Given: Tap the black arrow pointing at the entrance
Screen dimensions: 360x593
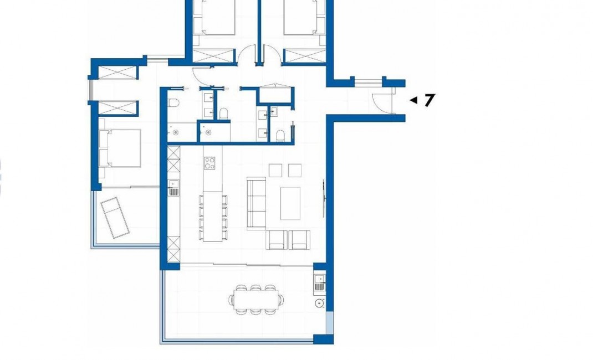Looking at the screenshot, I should click(x=413, y=100).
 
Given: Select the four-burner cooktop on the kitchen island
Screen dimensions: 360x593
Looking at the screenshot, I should click(x=211, y=163).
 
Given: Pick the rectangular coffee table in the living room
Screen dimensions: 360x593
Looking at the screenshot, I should click(x=290, y=203).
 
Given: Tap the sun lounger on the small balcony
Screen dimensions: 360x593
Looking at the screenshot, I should click(x=115, y=217).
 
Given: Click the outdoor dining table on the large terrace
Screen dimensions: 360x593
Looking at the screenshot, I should click(x=255, y=300).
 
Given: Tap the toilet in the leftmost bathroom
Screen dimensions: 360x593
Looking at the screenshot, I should click(x=172, y=104).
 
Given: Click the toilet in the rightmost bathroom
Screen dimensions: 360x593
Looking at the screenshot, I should click(x=280, y=135).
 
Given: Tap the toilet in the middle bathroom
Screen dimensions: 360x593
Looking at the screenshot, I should click(x=224, y=114).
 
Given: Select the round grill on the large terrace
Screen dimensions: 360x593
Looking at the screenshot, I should click(x=319, y=303).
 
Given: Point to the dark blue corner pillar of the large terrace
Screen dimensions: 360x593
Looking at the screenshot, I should click(x=320, y=338).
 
